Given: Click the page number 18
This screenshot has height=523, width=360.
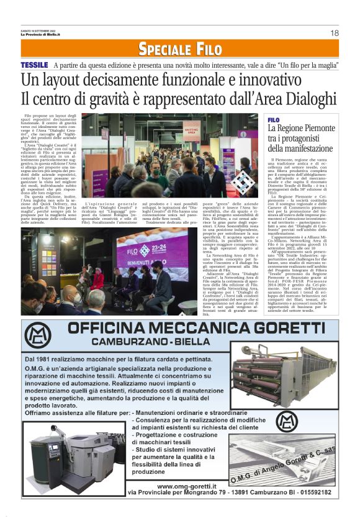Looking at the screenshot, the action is [x=335, y=33].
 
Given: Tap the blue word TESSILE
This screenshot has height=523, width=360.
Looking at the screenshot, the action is [x=34, y=65].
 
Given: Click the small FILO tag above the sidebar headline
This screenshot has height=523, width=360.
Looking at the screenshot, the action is [x=274, y=119].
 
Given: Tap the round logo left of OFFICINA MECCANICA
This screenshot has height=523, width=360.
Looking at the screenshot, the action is [x=38, y=335].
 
